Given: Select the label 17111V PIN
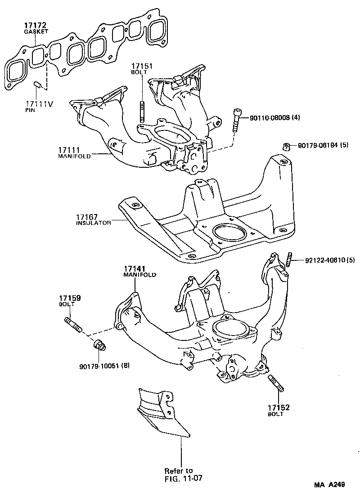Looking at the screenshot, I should [39, 104].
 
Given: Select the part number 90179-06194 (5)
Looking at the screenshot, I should [323, 146].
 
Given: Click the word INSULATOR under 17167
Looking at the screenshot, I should [94, 223].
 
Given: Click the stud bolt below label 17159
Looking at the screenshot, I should [73, 324].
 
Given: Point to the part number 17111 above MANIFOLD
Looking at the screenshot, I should [68, 150].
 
